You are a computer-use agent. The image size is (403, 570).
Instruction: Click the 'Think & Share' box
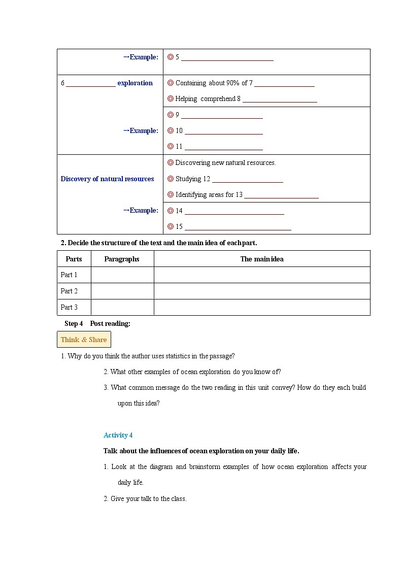tap(84, 340)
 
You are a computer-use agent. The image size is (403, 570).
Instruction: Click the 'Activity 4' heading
tap(118, 435)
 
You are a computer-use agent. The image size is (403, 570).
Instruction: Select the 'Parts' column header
tap(74, 259)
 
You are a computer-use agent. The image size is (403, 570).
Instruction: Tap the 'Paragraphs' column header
tap(122, 259)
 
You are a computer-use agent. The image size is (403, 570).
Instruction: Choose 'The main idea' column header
tap(262, 259)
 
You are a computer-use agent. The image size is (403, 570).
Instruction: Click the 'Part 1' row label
tap(69, 275)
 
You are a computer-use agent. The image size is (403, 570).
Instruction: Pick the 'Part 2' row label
tap(69, 291)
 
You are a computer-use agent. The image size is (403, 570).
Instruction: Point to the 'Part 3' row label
tap(69, 307)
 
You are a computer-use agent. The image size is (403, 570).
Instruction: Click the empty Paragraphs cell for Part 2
tap(122, 291)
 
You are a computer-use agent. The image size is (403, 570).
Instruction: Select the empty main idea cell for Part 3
tap(262, 307)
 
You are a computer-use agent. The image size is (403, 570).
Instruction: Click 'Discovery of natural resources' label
tap(107, 179)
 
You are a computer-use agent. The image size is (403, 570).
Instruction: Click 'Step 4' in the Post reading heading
tap(74, 323)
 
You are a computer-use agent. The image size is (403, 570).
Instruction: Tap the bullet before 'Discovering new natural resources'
tap(171, 162)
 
